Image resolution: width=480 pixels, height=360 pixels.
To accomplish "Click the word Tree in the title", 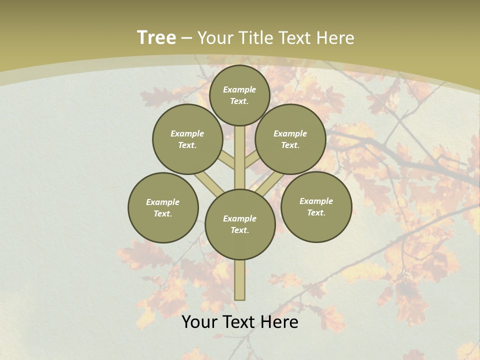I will pos(156,38).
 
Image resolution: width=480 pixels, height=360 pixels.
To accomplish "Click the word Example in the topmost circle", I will pos(239,89).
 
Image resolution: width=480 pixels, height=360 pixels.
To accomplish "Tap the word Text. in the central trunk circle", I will pos(239,230).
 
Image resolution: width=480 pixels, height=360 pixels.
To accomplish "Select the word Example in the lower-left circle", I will pos(163,202).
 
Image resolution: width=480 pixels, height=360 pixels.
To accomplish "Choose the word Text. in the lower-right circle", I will pos(316,212).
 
